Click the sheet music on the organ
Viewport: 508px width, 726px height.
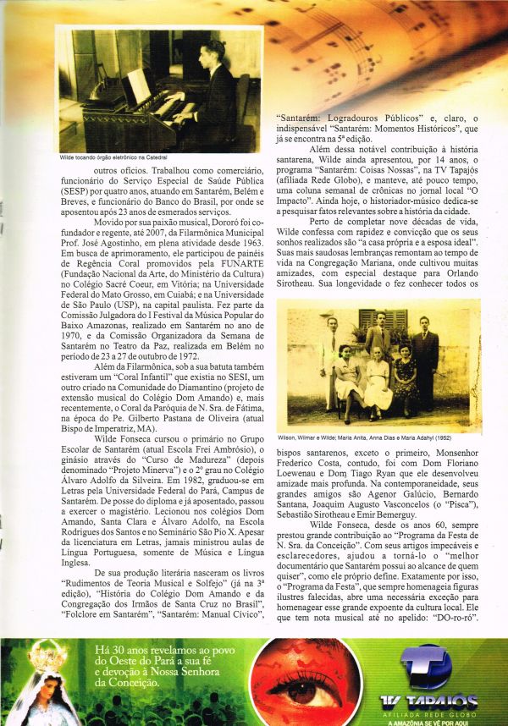click(x=135, y=85)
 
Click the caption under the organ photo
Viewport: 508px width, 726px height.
click(x=113, y=158)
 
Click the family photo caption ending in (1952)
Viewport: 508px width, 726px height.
click(x=373, y=437)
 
